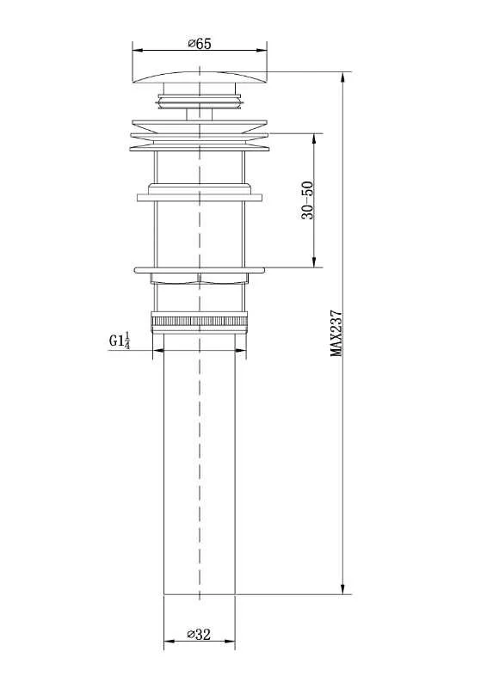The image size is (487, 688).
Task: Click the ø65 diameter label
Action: coord(200,44)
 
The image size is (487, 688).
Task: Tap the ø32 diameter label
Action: coord(199,634)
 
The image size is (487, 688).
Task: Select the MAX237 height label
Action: coord(336,334)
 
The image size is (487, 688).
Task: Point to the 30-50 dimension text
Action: coord(308,200)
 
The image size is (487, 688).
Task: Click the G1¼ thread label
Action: coord(120,341)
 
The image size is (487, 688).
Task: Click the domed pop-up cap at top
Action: coord(200,77)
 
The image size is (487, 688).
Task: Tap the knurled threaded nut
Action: coord(200,322)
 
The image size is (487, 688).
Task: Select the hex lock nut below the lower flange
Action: coord(200,279)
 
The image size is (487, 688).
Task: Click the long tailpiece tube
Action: coord(200,464)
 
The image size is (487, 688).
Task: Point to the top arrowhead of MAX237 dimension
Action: coord(343,77)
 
